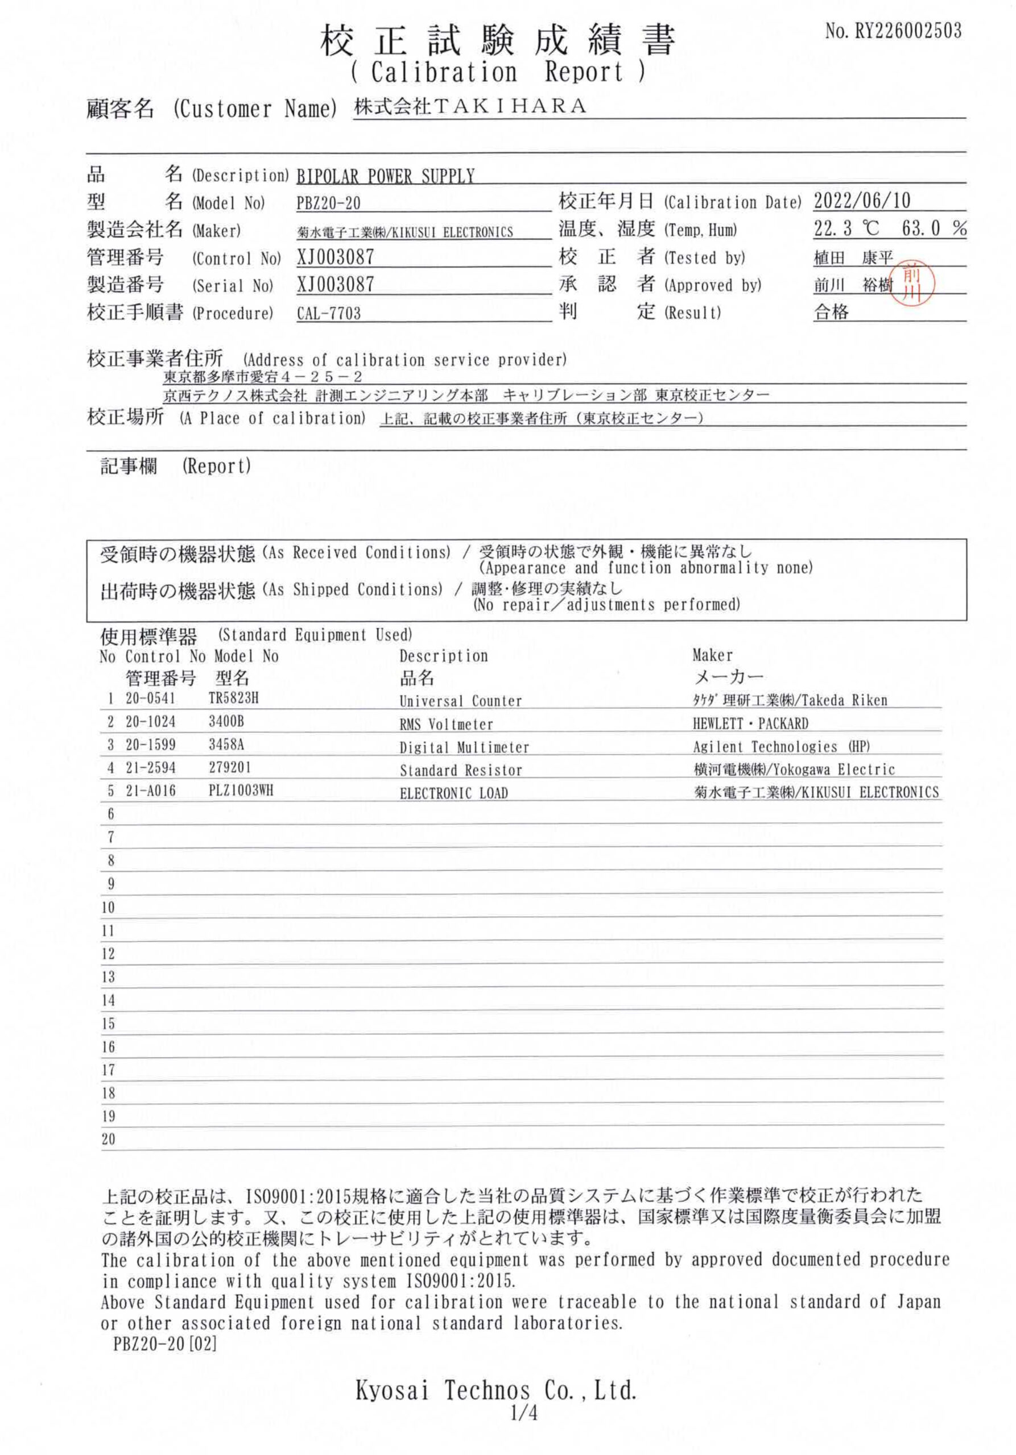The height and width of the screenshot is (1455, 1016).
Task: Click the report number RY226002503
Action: [907, 31]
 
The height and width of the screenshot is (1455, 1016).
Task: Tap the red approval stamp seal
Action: [912, 282]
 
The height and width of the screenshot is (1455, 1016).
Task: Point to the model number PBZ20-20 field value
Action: [328, 203]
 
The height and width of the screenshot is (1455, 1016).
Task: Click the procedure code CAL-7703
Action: [328, 313]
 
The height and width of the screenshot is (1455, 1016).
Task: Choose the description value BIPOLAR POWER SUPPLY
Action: [386, 176]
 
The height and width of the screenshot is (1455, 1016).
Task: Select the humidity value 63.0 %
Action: [934, 229]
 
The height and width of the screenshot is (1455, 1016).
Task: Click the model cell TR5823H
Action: [233, 699]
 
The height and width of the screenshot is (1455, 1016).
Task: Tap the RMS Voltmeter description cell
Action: [446, 724]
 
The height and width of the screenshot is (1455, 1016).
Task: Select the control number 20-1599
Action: [150, 745]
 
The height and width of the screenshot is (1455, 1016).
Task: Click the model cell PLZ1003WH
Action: [241, 791]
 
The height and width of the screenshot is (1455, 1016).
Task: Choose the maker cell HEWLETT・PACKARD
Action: [750, 723]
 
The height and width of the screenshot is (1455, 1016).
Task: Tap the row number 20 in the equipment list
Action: [109, 1139]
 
